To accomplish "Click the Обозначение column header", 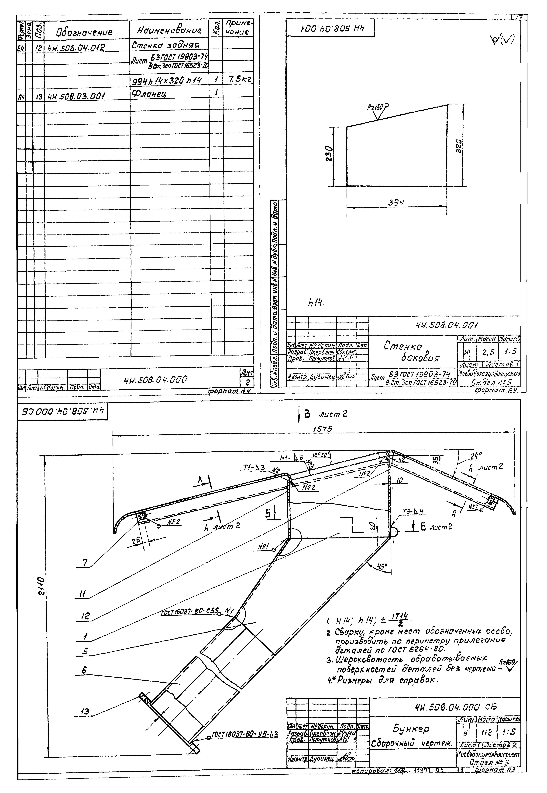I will [84, 33].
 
